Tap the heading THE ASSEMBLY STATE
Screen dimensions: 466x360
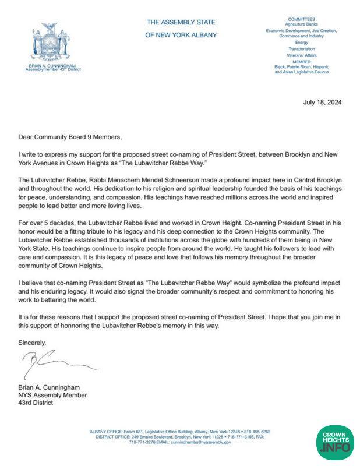(181, 22)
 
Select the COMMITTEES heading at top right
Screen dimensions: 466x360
(301, 19)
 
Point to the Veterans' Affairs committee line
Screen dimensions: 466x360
(301, 55)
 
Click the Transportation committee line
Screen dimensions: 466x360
(301, 49)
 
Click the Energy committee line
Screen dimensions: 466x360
(301, 43)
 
